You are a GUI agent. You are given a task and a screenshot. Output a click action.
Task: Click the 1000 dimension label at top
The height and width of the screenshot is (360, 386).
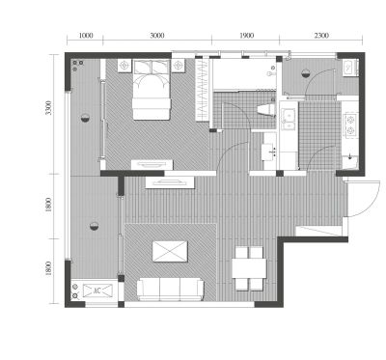[x=86, y=36]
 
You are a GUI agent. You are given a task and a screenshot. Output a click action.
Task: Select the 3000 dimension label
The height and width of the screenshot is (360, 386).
[x=157, y=36]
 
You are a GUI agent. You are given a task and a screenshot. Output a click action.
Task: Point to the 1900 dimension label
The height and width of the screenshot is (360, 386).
[x=247, y=36]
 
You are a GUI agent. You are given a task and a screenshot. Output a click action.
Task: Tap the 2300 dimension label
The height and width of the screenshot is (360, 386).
[x=321, y=36]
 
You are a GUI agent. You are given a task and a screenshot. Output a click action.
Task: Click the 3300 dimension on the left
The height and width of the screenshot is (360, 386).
[x=48, y=108]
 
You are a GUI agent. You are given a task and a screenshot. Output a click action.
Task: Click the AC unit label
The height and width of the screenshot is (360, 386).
[x=96, y=291]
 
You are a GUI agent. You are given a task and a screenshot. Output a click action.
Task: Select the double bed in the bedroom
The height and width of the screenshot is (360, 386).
[x=152, y=90]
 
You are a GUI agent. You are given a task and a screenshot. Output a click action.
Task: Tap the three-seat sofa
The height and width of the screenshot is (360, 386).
[x=171, y=289]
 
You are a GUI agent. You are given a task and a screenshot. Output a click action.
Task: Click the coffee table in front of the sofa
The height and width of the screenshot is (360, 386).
[x=170, y=251]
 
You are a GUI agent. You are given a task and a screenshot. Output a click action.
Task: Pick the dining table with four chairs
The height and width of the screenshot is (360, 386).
[x=249, y=268]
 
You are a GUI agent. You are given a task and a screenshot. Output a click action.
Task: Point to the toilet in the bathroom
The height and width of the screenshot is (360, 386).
[x=266, y=109]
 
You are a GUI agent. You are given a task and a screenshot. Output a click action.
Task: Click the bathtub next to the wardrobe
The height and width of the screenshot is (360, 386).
[x=245, y=74]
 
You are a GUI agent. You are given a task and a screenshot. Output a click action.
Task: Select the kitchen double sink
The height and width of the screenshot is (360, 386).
[x=289, y=120]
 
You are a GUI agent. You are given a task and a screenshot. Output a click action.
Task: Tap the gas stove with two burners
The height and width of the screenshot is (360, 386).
[x=350, y=125]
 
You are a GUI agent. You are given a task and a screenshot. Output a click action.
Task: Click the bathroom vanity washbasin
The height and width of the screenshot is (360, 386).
[x=269, y=152]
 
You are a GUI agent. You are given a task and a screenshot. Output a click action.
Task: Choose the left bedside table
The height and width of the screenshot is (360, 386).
[x=124, y=66]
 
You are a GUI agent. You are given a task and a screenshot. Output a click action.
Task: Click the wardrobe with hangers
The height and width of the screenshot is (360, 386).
[x=203, y=89]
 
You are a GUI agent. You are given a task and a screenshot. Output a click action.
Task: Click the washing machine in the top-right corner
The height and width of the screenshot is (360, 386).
[x=350, y=68]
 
